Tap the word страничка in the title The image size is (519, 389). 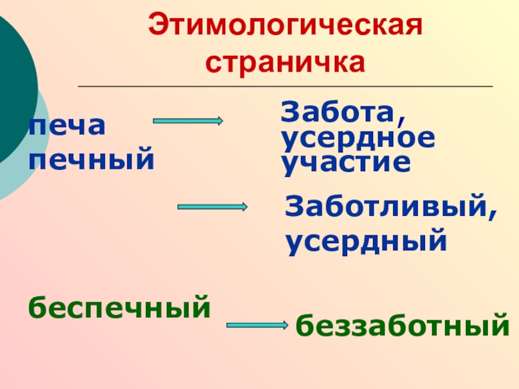[x=285, y=63]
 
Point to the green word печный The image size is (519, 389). [x=91, y=159]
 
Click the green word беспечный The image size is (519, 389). [x=119, y=306]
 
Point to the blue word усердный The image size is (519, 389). [x=367, y=241]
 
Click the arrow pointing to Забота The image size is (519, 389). [x=188, y=121]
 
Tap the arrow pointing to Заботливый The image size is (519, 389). [x=212, y=207]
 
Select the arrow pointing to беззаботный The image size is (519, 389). [x=258, y=324]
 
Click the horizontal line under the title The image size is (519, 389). [x=285, y=86]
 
